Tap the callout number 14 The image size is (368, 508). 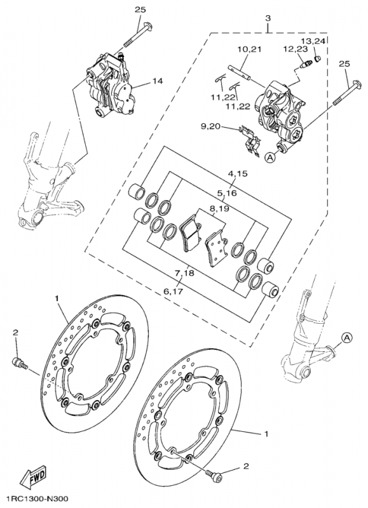click(158, 81)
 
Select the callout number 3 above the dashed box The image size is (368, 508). click(268, 18)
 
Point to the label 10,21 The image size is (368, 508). click(249, 50)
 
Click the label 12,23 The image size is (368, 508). click(294, 50)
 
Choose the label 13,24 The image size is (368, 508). click(313, 41)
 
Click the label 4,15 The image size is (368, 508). click(237, 173)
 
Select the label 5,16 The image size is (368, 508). click(227, 193)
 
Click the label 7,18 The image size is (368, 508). click(184, 273)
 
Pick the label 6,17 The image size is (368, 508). click(174, 291)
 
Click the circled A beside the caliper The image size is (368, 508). click(269, 157)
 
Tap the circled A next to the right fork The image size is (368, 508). click(346, 338)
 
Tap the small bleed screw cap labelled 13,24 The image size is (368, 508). click(318, 58)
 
